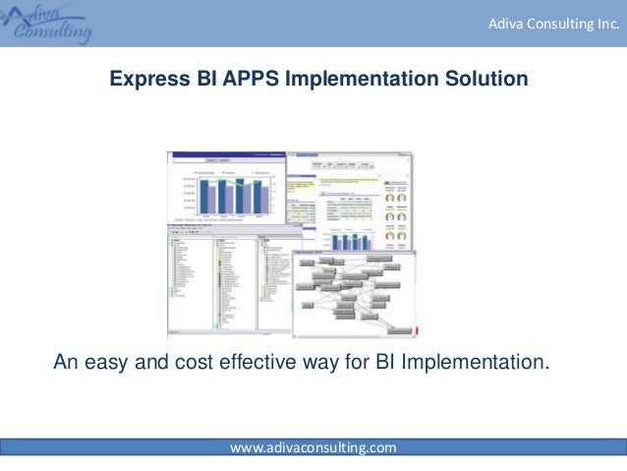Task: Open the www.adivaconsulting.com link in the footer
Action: click(x=313, y=448)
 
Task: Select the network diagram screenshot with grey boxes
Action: click(x=354, y=290)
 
